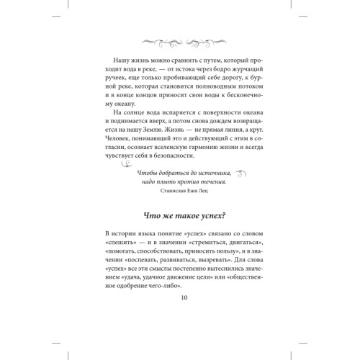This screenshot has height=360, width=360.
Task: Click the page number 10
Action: pos(179,297)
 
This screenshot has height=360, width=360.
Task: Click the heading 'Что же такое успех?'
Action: pos(179,214)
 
